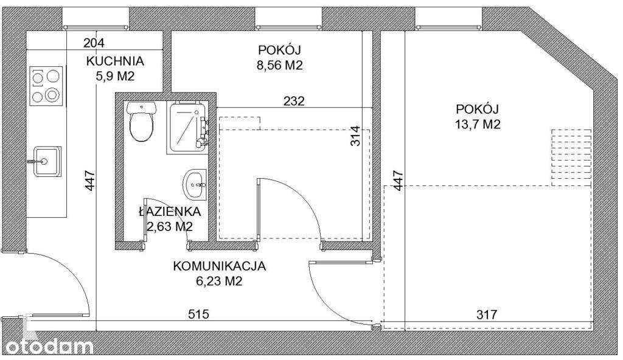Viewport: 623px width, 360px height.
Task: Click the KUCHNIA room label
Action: tap(115, 61)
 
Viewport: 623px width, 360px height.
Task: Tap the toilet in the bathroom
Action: tap(141, 122)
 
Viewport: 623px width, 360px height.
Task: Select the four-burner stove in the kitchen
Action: tap(46, 86)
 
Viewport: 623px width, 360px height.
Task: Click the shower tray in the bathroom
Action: tap(187, 126)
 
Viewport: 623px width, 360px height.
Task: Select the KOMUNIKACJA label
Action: tap(220, 266)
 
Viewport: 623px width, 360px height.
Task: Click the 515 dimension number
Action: tap(199, 314)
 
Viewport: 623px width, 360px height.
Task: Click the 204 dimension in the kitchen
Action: tap(94, 43)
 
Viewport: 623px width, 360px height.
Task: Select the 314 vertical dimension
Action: tap(357, 137)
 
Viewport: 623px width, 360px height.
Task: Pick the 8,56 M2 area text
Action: tap(280, 65)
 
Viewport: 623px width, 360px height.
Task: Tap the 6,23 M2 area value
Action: tap(220, 281)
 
